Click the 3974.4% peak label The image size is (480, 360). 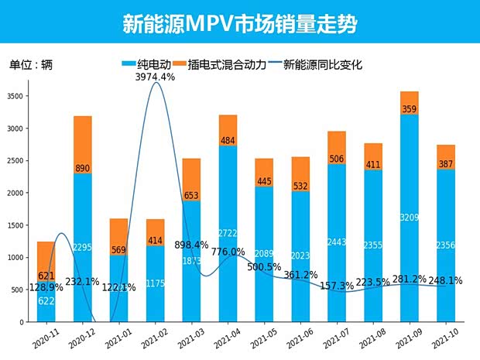click(x=155, y=77)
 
